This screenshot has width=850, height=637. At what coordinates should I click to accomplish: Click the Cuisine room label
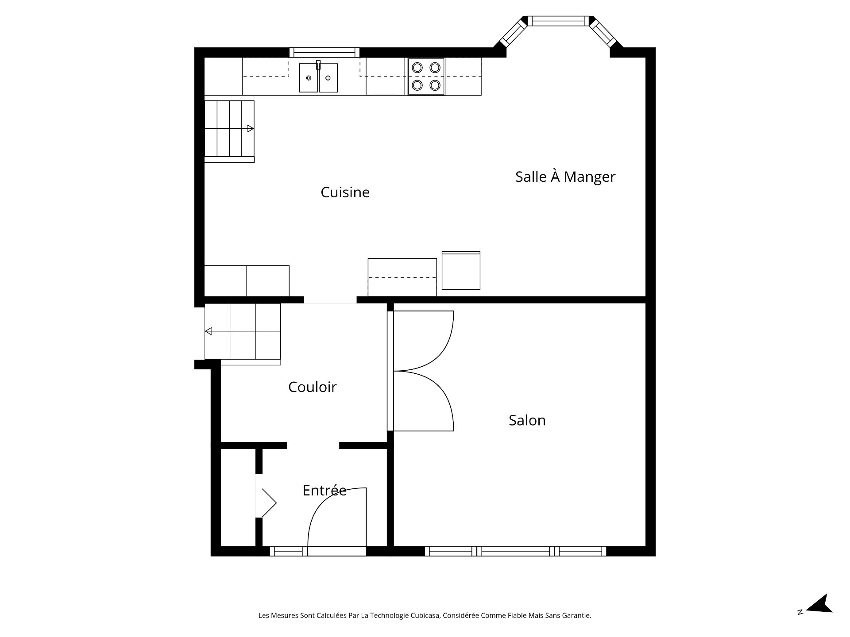coord(345,192)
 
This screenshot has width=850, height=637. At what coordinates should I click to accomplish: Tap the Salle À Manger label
coord(565,177)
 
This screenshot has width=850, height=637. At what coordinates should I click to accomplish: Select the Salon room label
coord(527,420)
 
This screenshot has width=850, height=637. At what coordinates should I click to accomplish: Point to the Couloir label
coord(312,387)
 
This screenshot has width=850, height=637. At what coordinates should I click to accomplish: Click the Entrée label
coord(324,490)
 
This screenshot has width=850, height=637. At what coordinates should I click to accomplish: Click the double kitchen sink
coord(318,78)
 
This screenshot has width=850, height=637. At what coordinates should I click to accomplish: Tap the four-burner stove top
coord(426,76)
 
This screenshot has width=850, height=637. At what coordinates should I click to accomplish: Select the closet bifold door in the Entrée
coord(269,503)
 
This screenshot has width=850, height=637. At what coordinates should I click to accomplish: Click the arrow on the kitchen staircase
coord(250,129)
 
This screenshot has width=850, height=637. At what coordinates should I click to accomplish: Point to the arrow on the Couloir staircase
coord(208,331)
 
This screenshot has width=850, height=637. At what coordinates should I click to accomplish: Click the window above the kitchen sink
coord(324,53)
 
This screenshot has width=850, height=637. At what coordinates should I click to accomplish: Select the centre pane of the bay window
coord(558,21)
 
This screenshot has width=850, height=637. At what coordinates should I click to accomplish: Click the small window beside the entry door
coord(288,551)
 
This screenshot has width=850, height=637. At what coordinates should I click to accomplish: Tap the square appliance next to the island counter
coord(461,270)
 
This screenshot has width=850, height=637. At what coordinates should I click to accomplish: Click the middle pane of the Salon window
coord(515,551)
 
